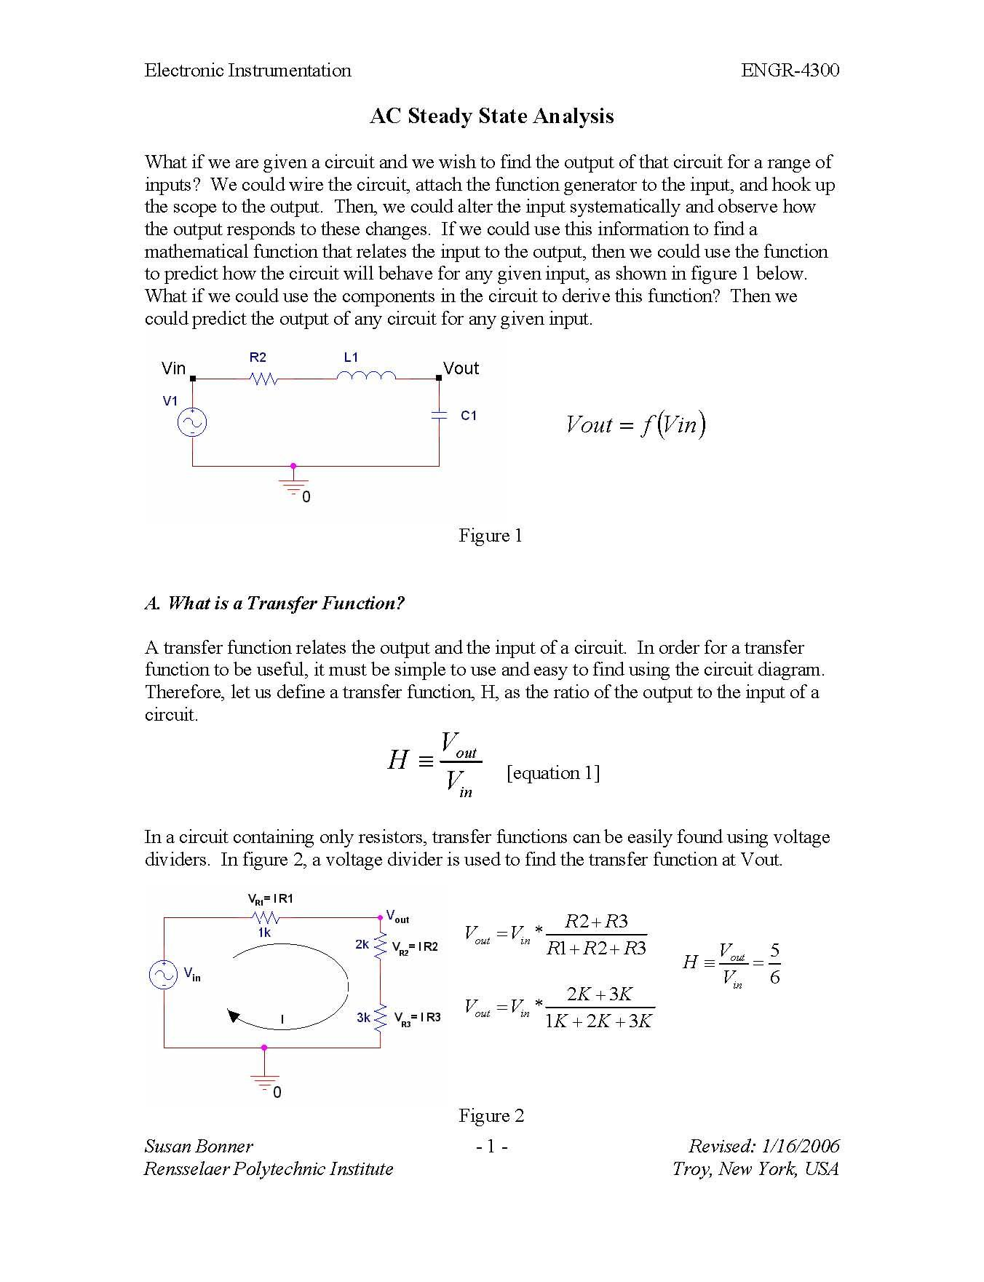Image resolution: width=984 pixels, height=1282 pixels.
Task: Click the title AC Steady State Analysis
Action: (x=491, y=116)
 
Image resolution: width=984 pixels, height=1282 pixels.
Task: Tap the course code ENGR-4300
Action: (x=790, y=71)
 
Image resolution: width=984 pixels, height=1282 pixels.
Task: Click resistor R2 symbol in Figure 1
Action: (x=263, y=379)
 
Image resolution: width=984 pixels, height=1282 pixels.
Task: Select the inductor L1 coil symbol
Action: (x=366, y=376)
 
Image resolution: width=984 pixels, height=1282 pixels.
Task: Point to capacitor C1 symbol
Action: (x=438, y=415)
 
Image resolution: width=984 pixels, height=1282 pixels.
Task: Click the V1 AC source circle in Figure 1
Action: (x=192, y=422)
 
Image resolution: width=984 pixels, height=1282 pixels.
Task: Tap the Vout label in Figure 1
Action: (x=461, y=368)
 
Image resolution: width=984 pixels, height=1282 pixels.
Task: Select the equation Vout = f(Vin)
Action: (x=635, y=424)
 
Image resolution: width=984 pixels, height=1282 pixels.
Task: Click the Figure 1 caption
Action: (x=490, y=536)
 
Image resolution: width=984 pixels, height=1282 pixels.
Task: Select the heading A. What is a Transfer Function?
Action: (x=274, y=604)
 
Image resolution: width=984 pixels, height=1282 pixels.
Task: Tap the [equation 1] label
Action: (x=553, y=773)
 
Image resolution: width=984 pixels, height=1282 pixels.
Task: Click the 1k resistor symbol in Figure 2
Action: (x=265, y=917)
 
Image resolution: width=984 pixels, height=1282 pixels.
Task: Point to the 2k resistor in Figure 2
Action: (x=379, y=946)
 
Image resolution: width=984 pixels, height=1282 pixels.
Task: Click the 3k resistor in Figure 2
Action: (x=379, y=1017)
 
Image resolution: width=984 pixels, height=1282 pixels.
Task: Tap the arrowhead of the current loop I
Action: (x=234, y=1016)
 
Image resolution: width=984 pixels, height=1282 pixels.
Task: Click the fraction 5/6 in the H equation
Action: (x=774, y=963)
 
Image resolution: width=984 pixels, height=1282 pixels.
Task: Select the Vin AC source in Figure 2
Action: (x=163, y=975)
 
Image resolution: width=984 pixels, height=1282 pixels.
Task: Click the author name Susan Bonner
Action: (x=199, y=1147)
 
